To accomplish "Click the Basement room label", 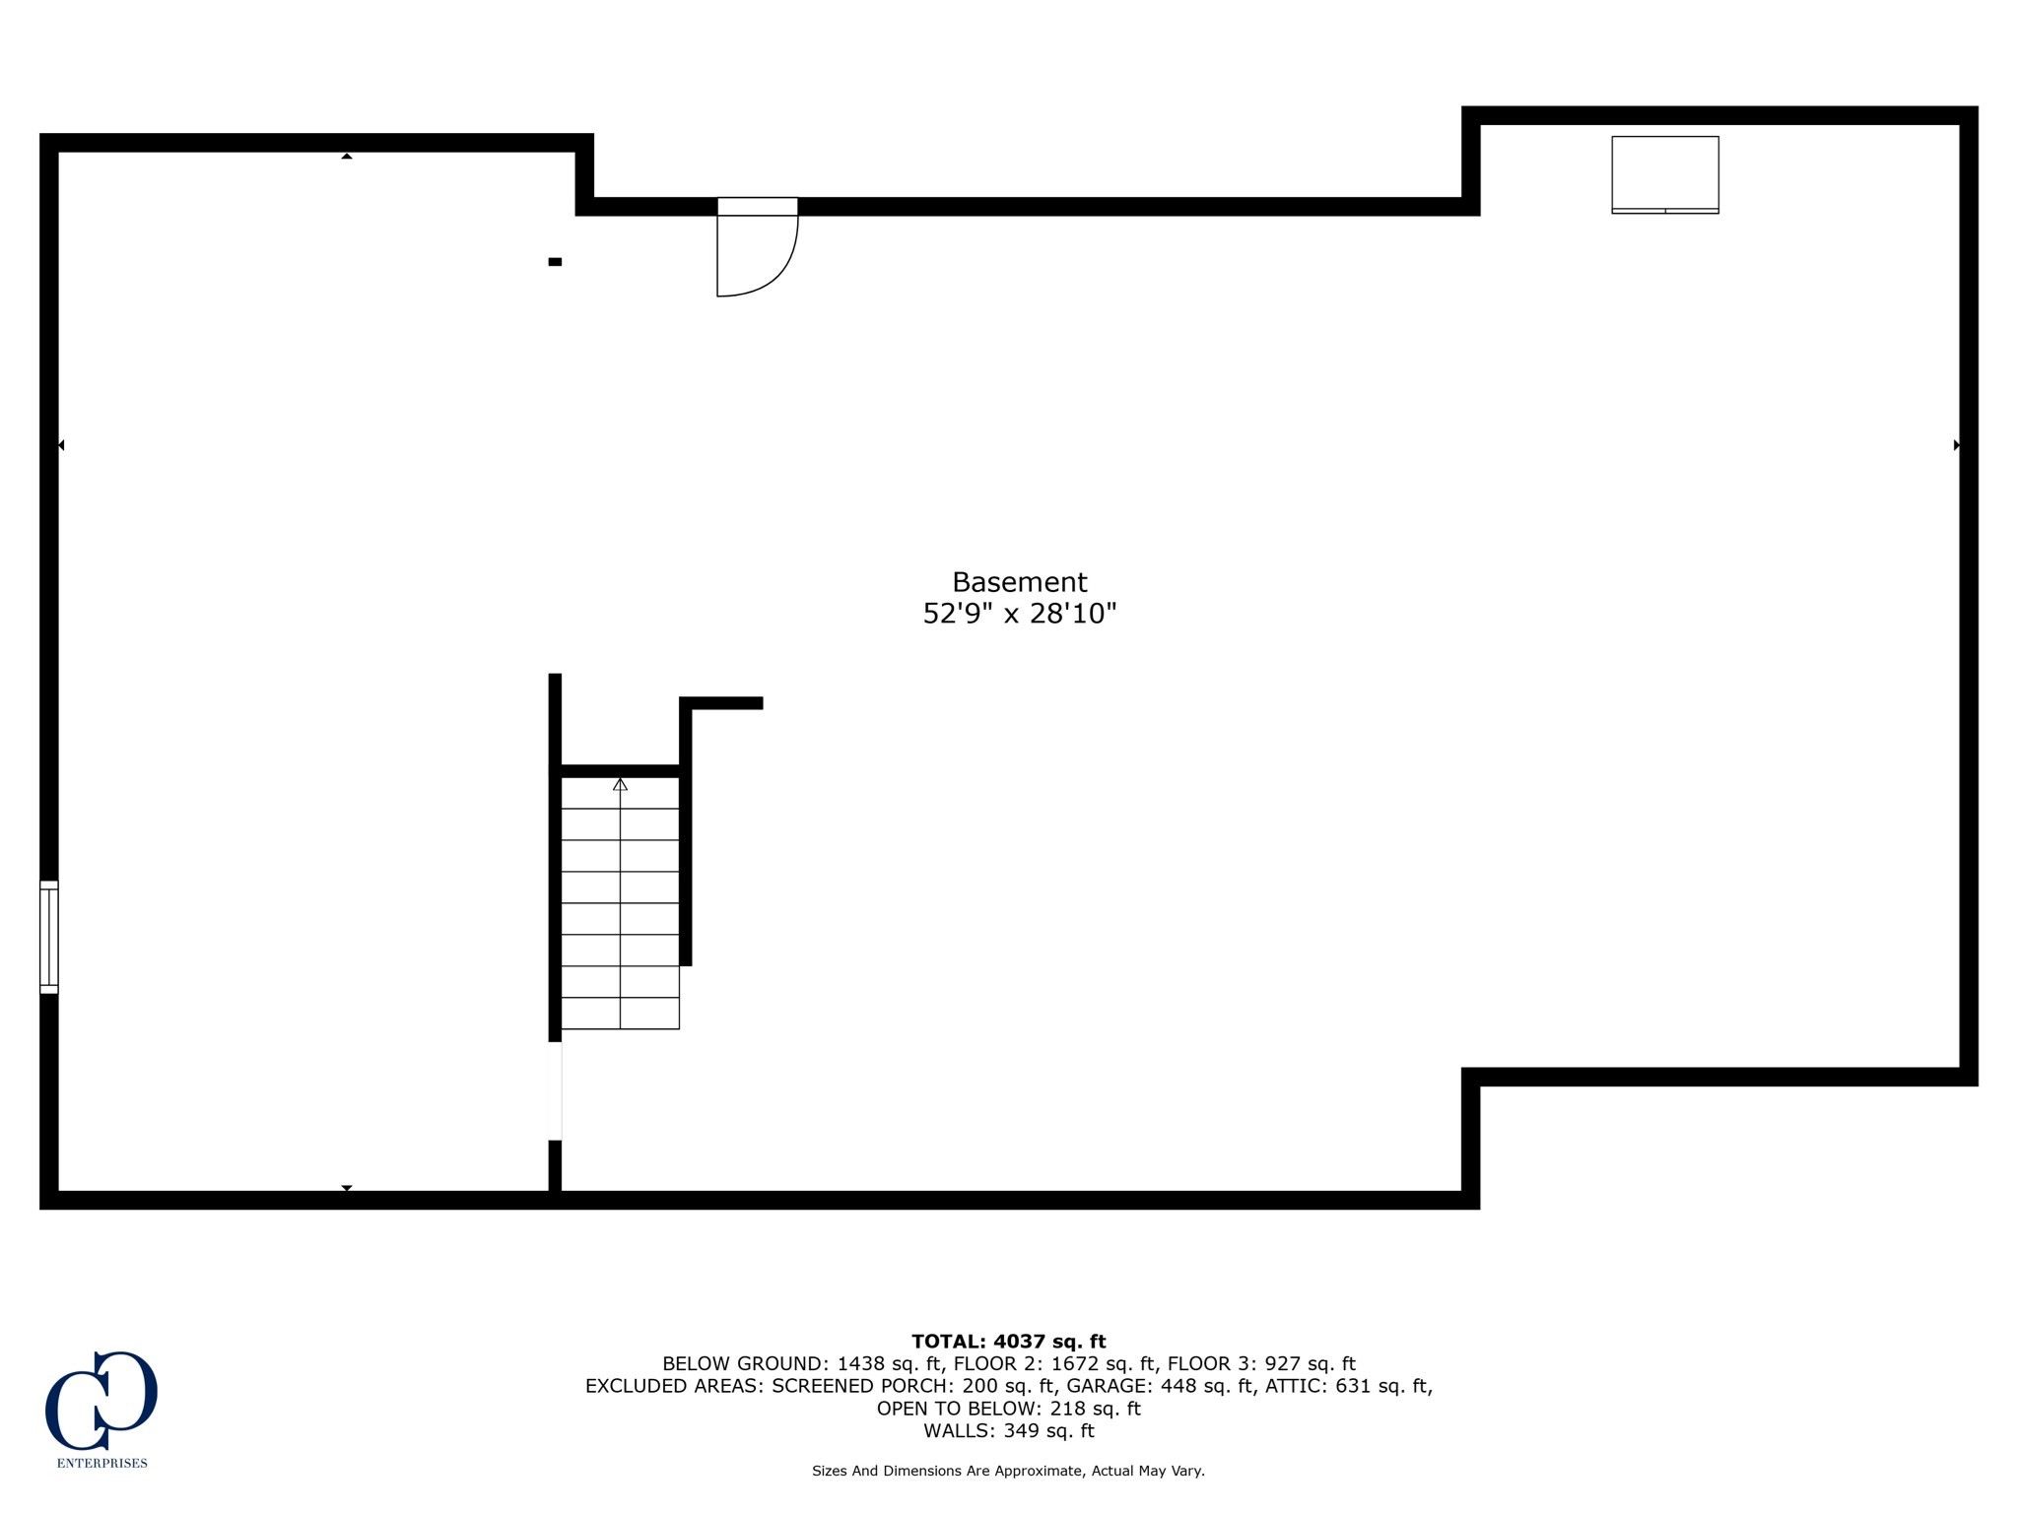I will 1019,582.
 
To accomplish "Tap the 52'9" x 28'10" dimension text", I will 1019,615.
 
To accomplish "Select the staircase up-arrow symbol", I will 620,785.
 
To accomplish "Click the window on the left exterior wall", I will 49,937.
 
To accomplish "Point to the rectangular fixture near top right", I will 1664,174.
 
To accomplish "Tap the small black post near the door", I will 555,262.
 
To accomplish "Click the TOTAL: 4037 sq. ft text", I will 1008,1341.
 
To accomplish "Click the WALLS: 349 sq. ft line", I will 1008,1430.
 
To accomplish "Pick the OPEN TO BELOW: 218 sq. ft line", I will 1008,1409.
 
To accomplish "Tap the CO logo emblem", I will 101,1400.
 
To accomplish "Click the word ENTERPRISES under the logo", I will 101,1463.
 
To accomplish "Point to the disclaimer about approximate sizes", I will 1008,1471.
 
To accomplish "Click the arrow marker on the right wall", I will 1956,445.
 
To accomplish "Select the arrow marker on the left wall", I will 61,445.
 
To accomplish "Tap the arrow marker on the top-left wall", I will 347,156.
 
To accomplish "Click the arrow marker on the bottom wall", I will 347,1188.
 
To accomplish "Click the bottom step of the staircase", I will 620,1014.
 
